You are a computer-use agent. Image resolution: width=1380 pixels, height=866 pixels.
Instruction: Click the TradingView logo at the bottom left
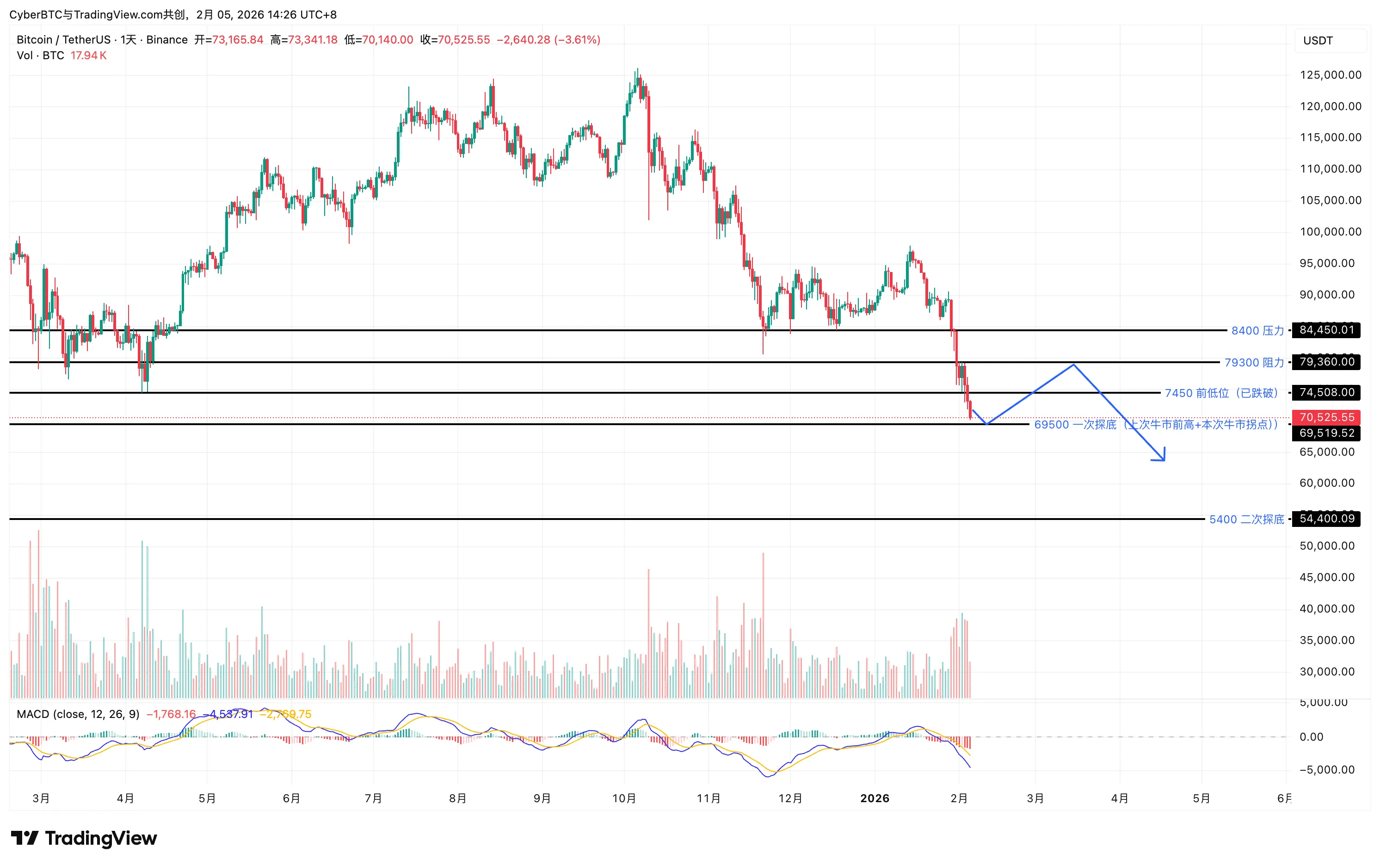coord(84,839)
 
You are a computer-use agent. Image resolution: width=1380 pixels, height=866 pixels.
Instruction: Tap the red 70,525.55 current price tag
coord(1326,417)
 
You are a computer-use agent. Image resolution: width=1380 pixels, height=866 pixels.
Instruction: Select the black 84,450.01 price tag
coord(1326,330)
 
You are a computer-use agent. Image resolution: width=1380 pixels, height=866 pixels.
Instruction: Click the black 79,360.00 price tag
coord(1326,362)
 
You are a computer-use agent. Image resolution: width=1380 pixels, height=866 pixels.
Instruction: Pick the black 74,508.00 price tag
coord(1326,392)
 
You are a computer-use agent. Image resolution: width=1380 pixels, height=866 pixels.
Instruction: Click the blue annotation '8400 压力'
coord(1257,330)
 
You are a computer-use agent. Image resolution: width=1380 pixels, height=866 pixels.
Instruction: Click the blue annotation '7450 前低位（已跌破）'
coord(1221,393)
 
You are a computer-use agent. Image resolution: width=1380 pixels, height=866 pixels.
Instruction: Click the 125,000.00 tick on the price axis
coord(1330,75)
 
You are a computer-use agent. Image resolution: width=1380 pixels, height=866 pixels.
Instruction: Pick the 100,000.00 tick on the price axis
coord(1330,232)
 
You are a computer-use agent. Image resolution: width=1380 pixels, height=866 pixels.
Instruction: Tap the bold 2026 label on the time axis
coord(875,798)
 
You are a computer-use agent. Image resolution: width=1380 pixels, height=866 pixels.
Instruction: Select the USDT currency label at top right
coord(1318,41)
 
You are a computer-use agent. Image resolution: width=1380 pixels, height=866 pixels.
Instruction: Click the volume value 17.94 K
coord(88,56)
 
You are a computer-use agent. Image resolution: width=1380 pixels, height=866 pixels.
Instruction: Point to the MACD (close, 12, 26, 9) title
coord(78,714)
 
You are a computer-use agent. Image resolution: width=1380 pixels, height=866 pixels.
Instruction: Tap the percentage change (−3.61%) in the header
coord(577,39)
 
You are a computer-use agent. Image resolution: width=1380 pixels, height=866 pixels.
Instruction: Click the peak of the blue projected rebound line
coord(1074,364)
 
